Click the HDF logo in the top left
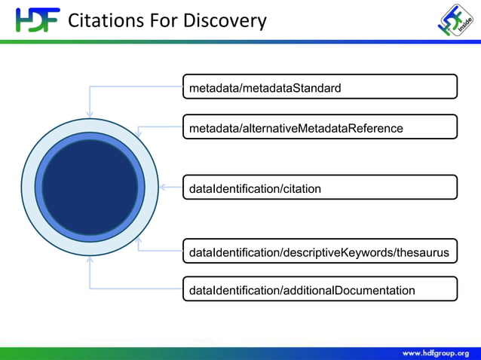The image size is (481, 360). click(x=36, y=20)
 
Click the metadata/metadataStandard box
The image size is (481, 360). click(x=320, y=87)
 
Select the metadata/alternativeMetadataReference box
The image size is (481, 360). click(x=320, y=127)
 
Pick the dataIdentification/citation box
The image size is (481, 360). click(x=320, y=188)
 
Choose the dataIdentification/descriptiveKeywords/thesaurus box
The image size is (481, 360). click(x=320, y=252)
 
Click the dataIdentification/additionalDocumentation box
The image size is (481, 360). click(x=320, y=289)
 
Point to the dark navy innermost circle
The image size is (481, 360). click(x=90, y=187)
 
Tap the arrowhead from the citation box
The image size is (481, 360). click(x=162, y=187)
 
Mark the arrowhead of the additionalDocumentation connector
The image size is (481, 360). click(x=90, y=260)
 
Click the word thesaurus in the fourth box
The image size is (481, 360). click(x=423, y=252)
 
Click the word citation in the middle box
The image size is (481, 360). click(x=300, y=188)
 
